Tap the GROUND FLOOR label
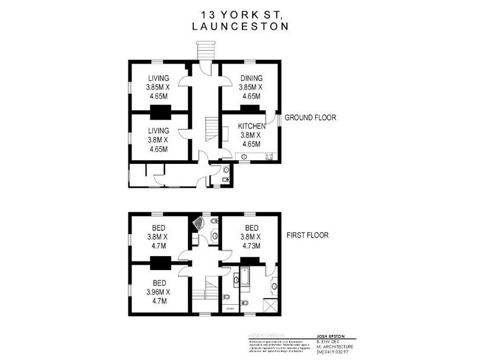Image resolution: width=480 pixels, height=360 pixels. (311, 118)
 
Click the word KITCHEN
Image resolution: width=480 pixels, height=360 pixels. (252, 127)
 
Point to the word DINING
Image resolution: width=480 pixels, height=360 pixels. (251, 79)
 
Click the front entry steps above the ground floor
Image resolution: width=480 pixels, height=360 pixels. (205, 50)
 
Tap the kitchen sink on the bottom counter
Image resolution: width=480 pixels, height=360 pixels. (244, 158)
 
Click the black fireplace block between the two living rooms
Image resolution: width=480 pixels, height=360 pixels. (160, 112)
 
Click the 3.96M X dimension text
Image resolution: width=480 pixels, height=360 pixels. (158, 292)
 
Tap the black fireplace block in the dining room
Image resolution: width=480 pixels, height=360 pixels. (250, 108)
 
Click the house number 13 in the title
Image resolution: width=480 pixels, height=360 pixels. (208, 13)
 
